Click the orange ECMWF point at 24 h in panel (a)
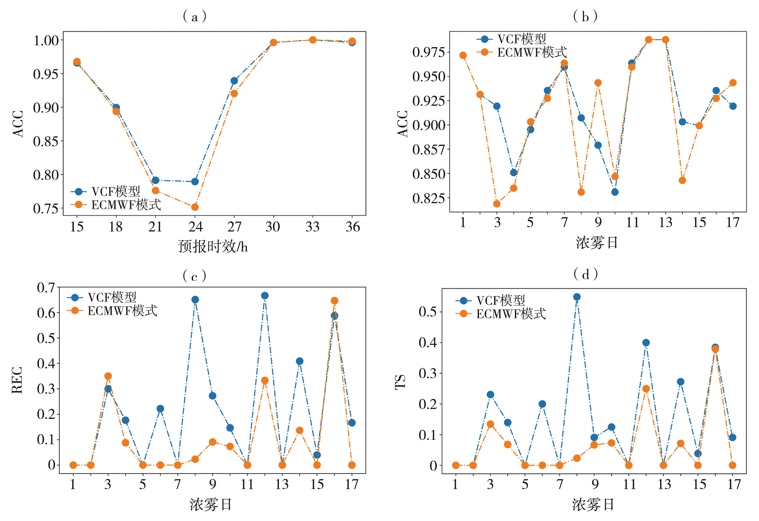coord(195,207)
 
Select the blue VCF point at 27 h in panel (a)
coord(234,81)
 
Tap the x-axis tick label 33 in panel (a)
coord(313,227)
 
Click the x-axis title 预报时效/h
coord(213,247)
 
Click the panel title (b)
coord(585,16)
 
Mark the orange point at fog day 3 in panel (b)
coord(497,204)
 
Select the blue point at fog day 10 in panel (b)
coord(615,192)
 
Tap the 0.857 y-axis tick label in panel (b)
coord(428,149)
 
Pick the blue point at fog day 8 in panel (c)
coord(195,300)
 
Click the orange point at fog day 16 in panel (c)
coord(334,301)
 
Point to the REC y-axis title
coord(17,380)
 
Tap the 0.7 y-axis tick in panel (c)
coord(46,287)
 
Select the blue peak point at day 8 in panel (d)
coord(577,297)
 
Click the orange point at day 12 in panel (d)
coord(646,389)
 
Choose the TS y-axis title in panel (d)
coord(400,382)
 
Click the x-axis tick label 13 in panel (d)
coord(664,485)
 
